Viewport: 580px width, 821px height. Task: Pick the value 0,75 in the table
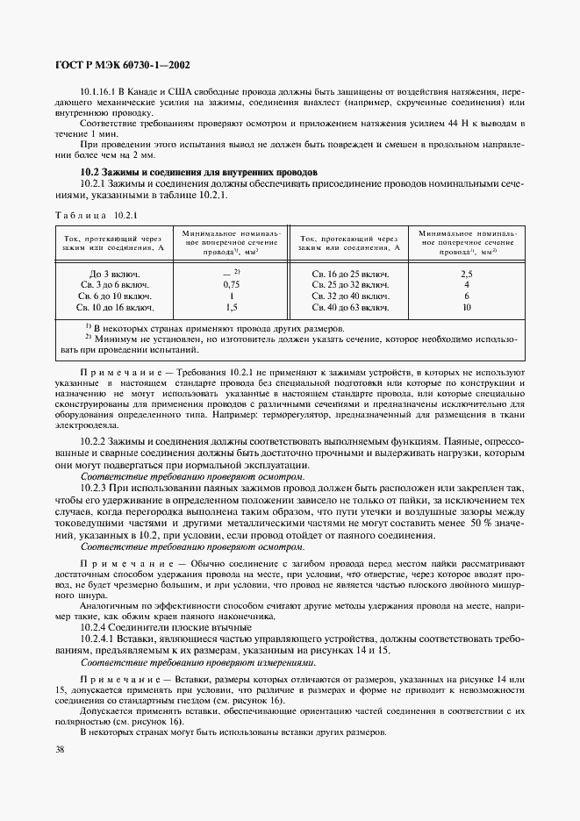point(232,285)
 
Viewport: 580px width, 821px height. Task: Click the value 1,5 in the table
point(232,308)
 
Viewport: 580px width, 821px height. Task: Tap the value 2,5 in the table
point(467,274)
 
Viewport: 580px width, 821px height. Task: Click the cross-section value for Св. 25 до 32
point(467,285)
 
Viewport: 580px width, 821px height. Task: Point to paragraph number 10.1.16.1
point(102,92)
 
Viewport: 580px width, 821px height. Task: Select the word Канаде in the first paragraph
point(151,92)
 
